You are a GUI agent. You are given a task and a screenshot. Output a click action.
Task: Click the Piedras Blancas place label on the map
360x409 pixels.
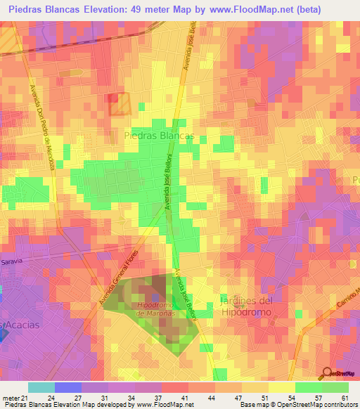coord(159,136)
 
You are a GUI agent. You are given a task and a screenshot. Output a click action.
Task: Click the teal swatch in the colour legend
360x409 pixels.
coord(41,387)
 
